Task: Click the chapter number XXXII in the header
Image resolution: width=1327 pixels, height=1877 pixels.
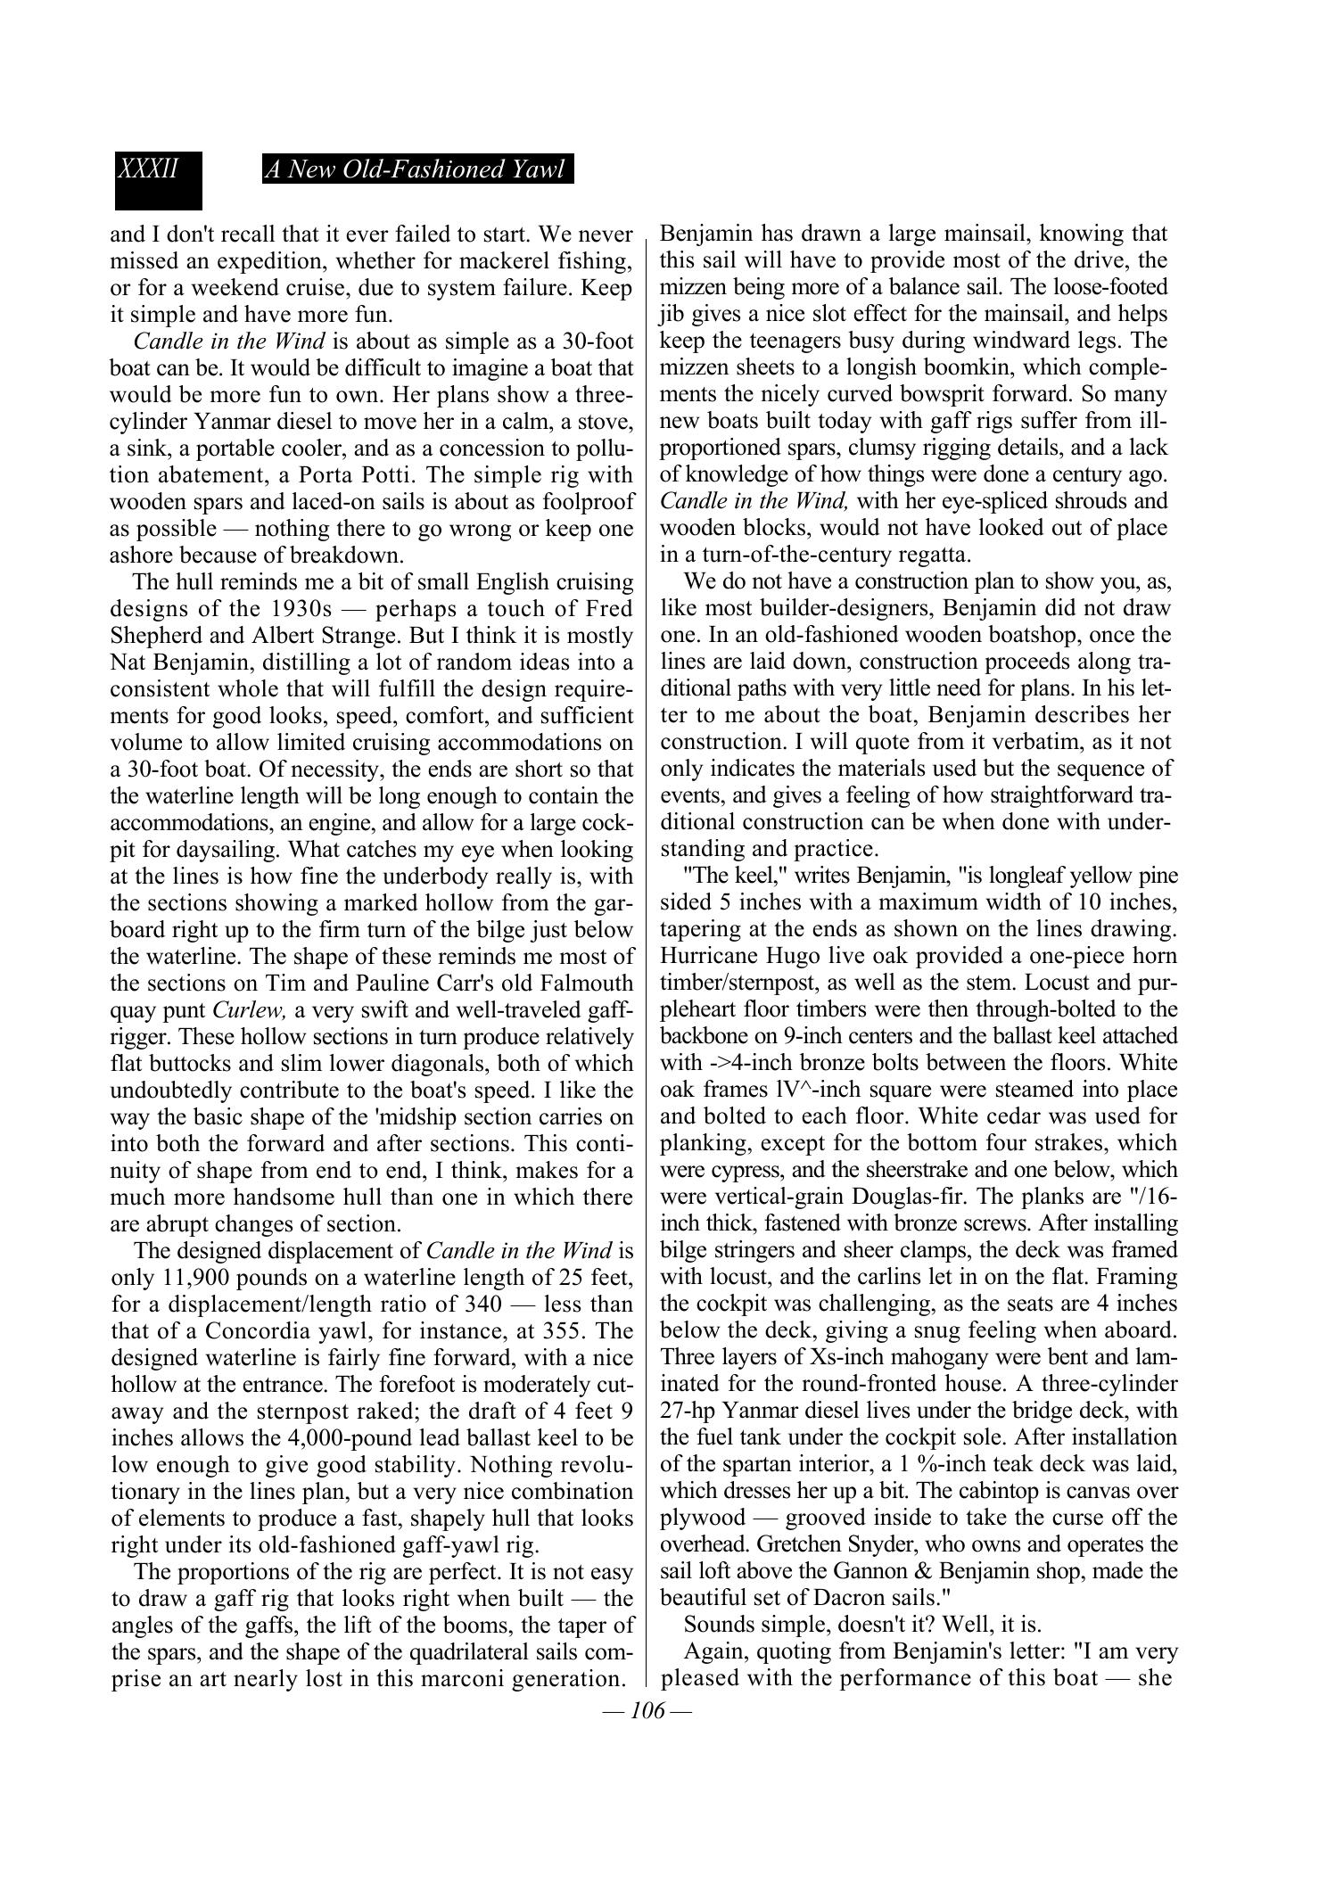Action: [149, 169]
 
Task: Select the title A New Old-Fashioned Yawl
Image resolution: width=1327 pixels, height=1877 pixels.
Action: [416, 169]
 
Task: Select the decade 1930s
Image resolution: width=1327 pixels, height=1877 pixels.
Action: [301, 609]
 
